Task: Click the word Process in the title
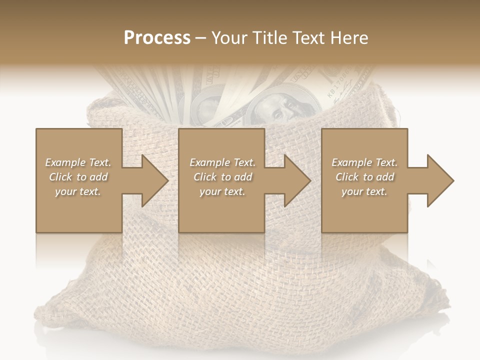point(157,38)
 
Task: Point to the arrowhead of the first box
point(154,180)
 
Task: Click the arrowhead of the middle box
point(297,180)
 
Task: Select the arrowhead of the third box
point(440,180)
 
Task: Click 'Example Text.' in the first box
point(78,162)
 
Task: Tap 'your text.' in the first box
point(78,191)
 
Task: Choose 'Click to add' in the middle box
point(222,177)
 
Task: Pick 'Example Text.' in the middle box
point(222,162)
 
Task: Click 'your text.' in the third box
point(364,191)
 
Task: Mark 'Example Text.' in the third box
point(364,162)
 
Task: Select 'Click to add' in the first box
point(78,177)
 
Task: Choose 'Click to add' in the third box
point(364,177)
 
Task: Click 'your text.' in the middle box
point(222,191)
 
